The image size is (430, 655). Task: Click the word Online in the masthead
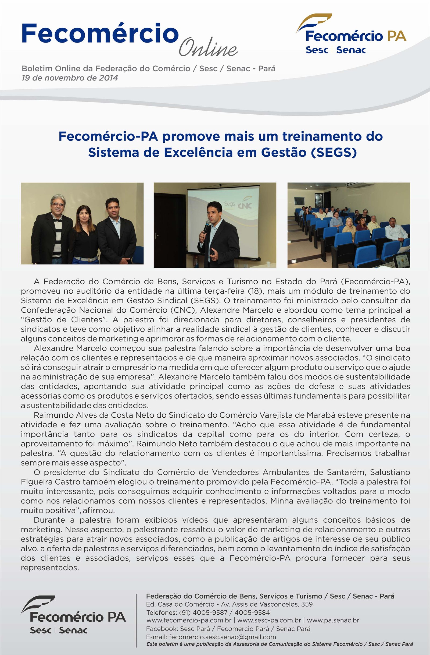(208, 48)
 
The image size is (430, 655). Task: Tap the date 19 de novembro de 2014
(70, 78)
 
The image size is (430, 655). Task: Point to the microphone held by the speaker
(206, 227)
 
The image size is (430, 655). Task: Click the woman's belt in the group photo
(85, 259)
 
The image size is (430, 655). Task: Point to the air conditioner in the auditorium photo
(359, 185)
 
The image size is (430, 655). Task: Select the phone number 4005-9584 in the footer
(252, 612)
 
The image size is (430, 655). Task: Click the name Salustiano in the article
(390, 472)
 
